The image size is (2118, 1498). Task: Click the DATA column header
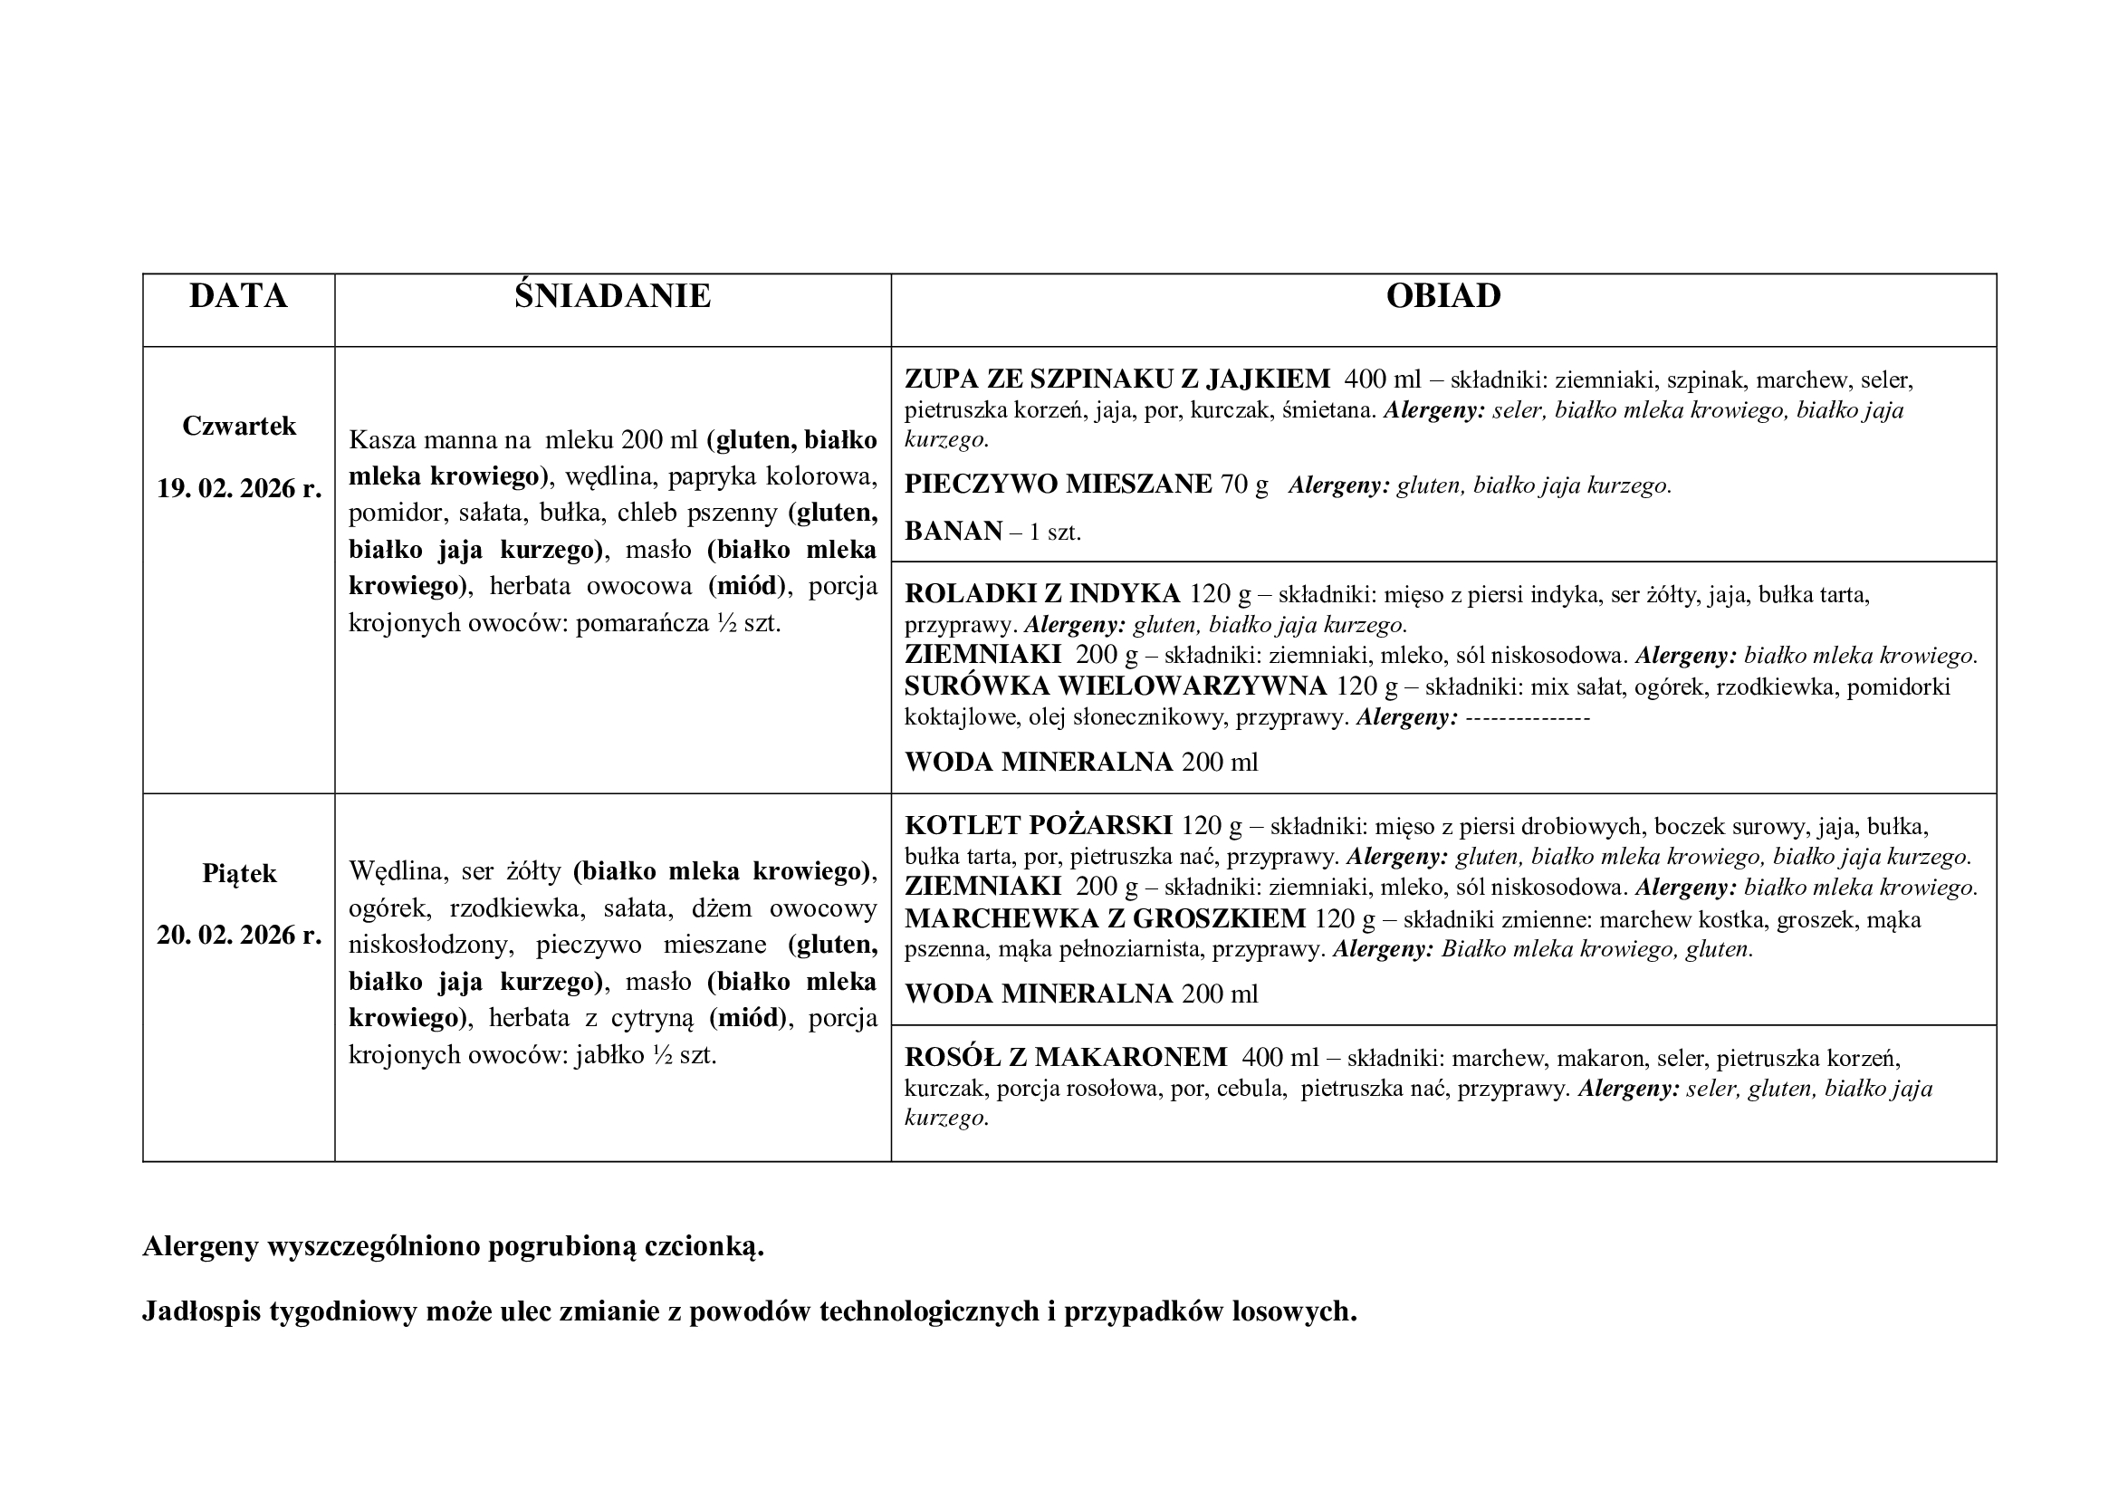point(238,296)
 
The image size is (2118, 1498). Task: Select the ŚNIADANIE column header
point(612,296)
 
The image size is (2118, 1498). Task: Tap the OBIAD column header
point(1442,296)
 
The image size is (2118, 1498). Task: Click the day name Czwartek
point(239,427)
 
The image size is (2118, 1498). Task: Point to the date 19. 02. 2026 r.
point(239,488)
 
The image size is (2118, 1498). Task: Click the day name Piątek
point(239,873)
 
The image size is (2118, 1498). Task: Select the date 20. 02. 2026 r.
point(239,936)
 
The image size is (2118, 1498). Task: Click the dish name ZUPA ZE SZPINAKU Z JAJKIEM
point(1117,379)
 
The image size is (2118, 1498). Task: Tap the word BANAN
point(953,532)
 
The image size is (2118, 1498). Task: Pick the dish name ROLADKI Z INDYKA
point(1042,594)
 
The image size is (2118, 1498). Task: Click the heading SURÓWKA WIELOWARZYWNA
point(1116,687)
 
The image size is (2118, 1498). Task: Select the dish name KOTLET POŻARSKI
point(1038,826)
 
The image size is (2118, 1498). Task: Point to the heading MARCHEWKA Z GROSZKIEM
point(1105,918)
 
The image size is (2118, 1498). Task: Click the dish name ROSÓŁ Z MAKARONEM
point(1066,1057)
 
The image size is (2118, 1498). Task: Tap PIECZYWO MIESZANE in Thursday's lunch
point(1058,485)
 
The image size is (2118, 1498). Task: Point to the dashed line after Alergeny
point(1527,717)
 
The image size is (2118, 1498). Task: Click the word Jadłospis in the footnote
point(201,1311)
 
